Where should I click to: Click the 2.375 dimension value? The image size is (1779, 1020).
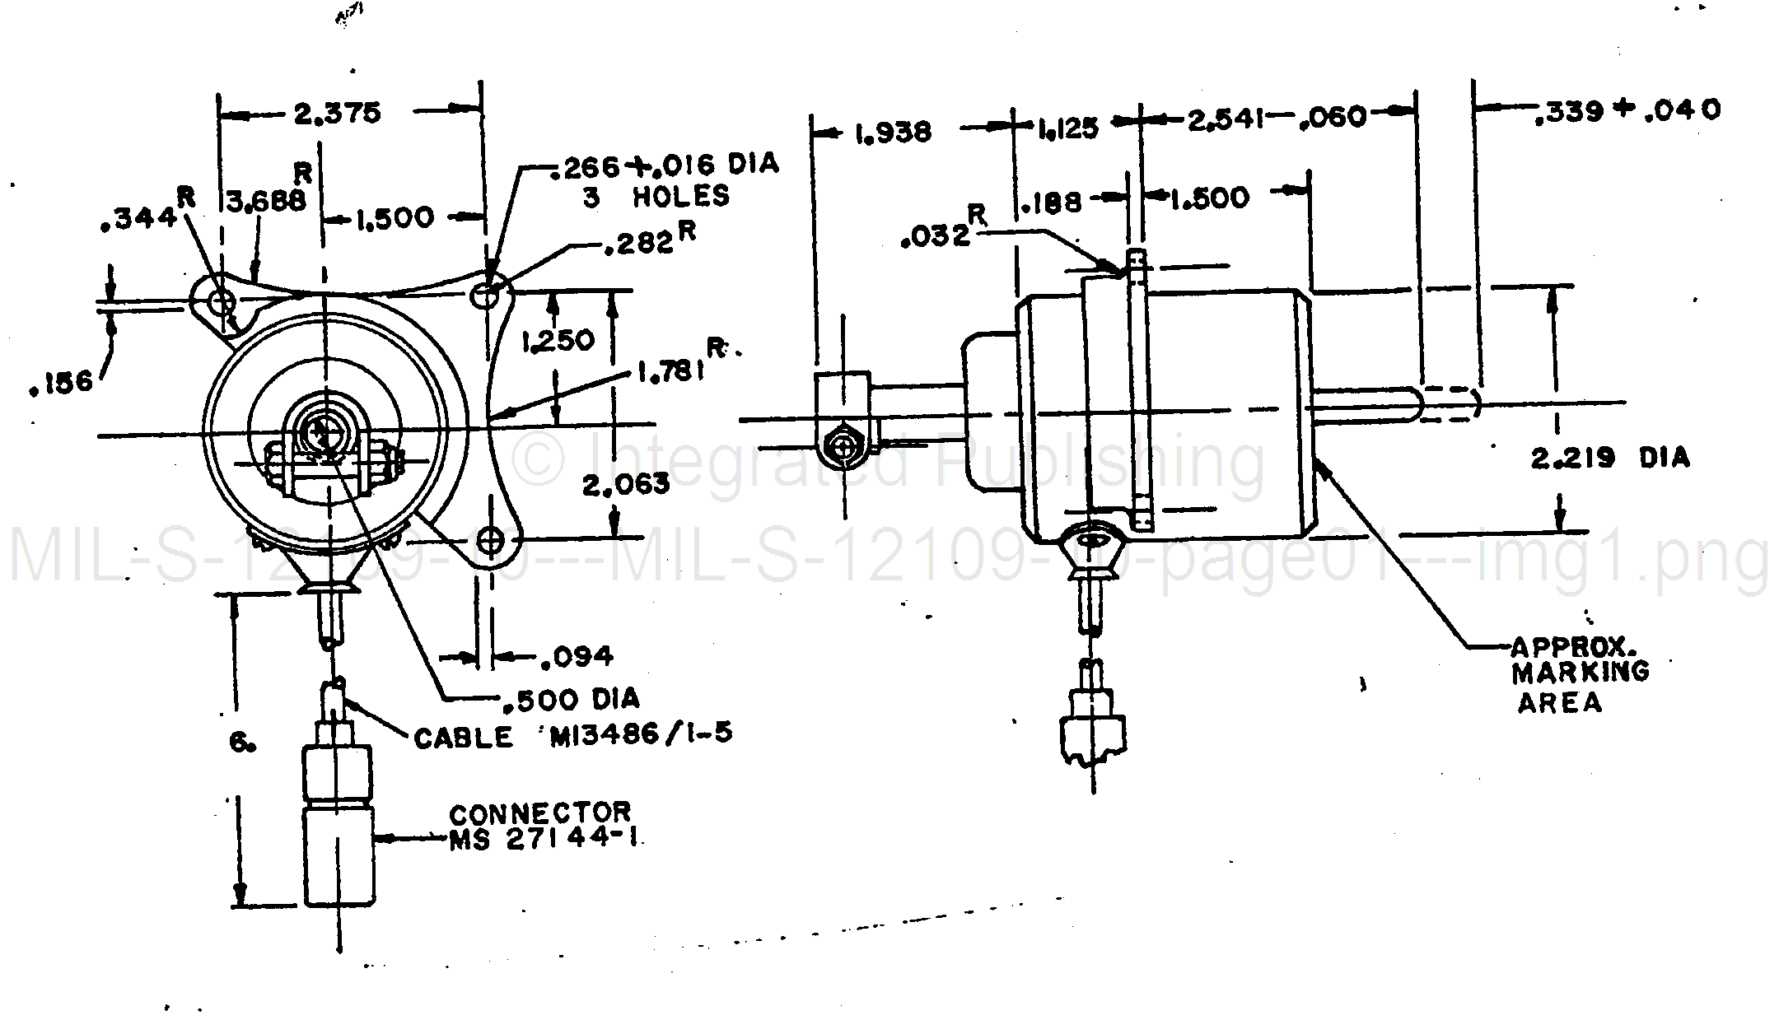coord(338,113)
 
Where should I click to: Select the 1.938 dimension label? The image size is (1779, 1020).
coord(892,133)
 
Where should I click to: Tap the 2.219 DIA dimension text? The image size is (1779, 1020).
coord(1609,458)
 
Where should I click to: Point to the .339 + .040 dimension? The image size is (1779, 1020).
coord(1627,110)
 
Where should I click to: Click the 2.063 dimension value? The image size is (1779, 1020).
coord(626,484)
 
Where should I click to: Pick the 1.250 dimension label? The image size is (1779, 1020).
coord(558,340)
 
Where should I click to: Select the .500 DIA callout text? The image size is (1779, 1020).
coord(570,700)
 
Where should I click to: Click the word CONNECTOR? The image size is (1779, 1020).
coord(540,813)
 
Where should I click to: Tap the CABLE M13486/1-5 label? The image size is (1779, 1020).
coord(572,735)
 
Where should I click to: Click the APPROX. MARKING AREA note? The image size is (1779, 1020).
coord(1579,673)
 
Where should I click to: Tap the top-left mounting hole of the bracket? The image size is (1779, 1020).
coord(221,302)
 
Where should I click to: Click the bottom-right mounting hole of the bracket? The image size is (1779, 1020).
coord(492,541)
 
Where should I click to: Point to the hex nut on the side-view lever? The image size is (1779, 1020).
coord(843,448)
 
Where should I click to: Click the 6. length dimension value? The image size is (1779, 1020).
coord(241,743)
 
